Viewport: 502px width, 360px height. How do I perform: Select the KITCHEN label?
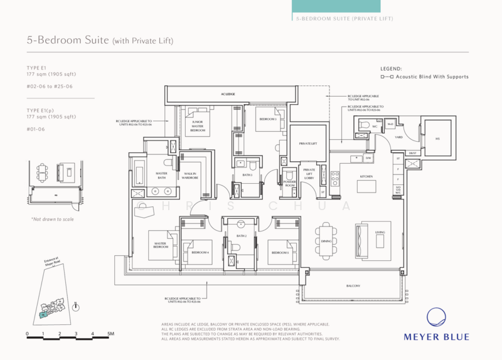coord(366,160)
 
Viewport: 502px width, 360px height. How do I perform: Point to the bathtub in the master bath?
coord(139,172)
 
